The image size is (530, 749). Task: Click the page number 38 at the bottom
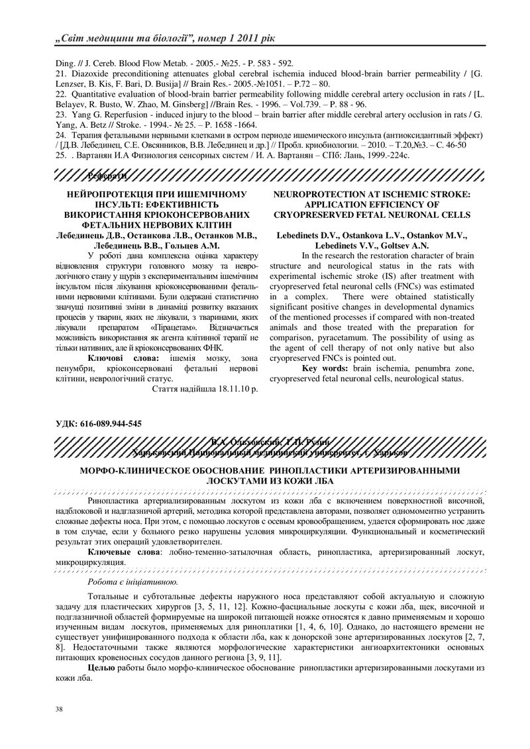coord(59,709)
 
